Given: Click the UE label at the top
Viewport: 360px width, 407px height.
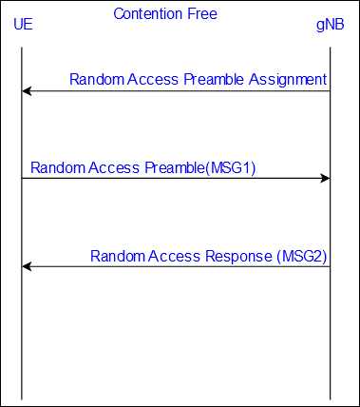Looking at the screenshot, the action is coord(23,24).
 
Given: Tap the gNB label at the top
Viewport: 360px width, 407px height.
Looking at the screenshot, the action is coord(331,25).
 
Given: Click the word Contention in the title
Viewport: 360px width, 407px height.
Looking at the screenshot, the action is coord(148,14).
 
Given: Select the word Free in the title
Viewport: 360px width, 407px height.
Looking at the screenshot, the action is coord(202,14).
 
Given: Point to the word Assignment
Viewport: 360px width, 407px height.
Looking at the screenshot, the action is coord(288,80).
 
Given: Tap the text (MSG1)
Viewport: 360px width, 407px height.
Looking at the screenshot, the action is coord(231,167).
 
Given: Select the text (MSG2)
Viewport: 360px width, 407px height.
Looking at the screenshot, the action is coord(302,256).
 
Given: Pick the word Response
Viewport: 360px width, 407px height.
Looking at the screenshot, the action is coord(238,256).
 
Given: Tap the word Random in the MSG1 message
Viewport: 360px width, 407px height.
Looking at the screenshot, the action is coord(58,167).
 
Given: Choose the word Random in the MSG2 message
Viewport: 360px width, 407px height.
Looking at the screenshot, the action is coord(118,256).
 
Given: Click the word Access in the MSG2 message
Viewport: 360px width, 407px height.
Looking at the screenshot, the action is coord(174,256).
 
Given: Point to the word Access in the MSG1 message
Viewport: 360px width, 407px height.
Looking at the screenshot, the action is coord(114,167).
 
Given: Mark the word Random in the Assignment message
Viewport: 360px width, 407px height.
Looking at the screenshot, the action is coord(97,79).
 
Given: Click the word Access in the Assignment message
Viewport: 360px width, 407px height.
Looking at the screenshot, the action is coord(153,79).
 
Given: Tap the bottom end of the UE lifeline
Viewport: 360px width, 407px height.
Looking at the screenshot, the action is coord(22,399).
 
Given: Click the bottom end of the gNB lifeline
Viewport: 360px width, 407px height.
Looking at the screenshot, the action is coord(331,399).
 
